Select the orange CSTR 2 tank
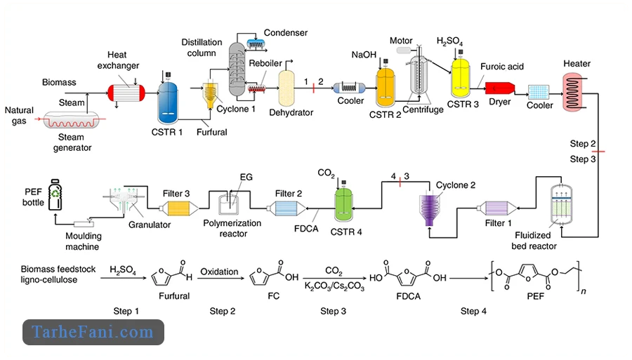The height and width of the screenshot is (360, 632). coord(387,91)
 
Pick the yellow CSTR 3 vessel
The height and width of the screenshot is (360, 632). coord(461,79)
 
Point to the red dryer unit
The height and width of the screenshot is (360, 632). coord(501,88)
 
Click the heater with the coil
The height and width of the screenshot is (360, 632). coord(577,91)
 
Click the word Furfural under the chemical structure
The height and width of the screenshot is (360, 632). coord(173,296)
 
